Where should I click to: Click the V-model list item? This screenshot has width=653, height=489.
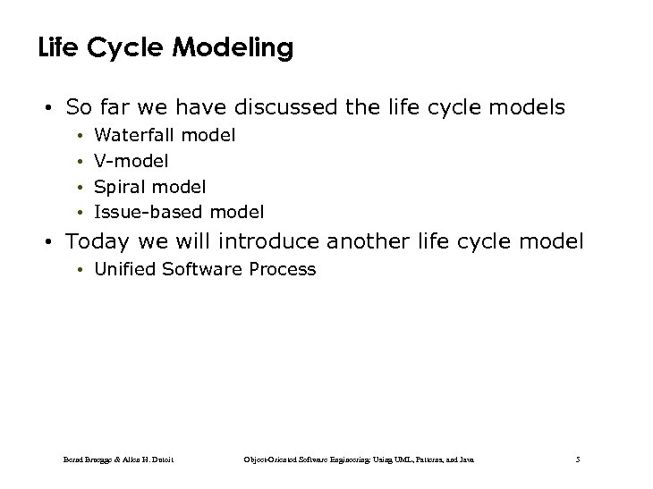(x=131, y=161)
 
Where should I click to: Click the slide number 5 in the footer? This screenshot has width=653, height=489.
(x=578, y=459)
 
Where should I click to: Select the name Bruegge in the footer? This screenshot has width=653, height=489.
(x=99, y=459)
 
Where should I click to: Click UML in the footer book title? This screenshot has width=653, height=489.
(x=403, y=459)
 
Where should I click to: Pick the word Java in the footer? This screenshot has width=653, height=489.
(x=465, y=459)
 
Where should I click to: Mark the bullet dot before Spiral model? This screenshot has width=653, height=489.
(x=80, y=188)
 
